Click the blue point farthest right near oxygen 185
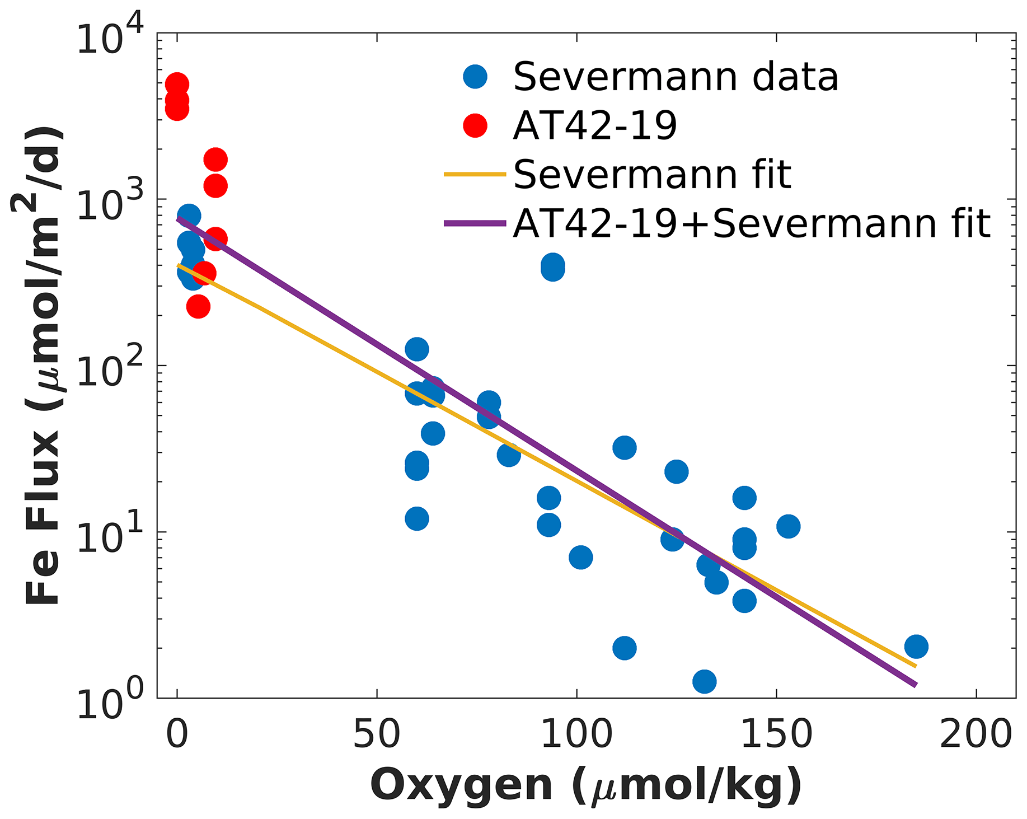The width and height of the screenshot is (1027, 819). click(916, 647)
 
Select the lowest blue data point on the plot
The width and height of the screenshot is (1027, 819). click(704, 681)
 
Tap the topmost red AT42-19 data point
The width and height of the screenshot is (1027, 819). click(177, 85)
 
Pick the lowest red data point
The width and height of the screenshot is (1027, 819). click(198, 306)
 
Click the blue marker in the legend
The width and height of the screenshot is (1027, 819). click(475, 76)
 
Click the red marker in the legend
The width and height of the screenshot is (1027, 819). click(475, 125)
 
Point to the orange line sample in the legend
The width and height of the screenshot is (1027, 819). click(475, 175)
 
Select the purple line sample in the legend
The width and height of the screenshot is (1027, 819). click(475, 223)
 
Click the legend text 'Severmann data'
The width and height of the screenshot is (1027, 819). click(676, 77)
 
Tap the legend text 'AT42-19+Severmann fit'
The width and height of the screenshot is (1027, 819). click(752, 223)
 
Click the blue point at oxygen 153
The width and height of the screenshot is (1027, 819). click(788, 526)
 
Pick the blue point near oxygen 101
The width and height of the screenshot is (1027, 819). click(580, 557)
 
